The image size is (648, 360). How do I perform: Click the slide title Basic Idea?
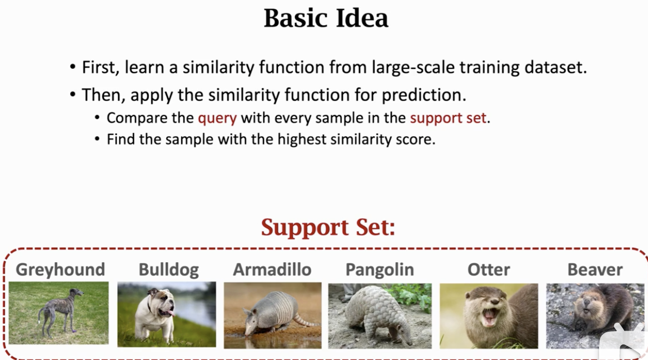326,18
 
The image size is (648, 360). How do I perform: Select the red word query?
217,119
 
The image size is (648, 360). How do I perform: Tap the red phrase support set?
448,118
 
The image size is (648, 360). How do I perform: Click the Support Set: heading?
328,227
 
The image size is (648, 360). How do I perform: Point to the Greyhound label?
61,270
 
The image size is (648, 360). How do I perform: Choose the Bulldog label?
168,270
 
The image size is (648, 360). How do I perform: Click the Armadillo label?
272,269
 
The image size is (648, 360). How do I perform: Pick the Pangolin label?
380,270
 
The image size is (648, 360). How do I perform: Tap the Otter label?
489,270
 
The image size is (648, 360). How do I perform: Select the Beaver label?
595,270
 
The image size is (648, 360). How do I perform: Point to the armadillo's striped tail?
305,321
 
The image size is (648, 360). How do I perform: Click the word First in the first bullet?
101,68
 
